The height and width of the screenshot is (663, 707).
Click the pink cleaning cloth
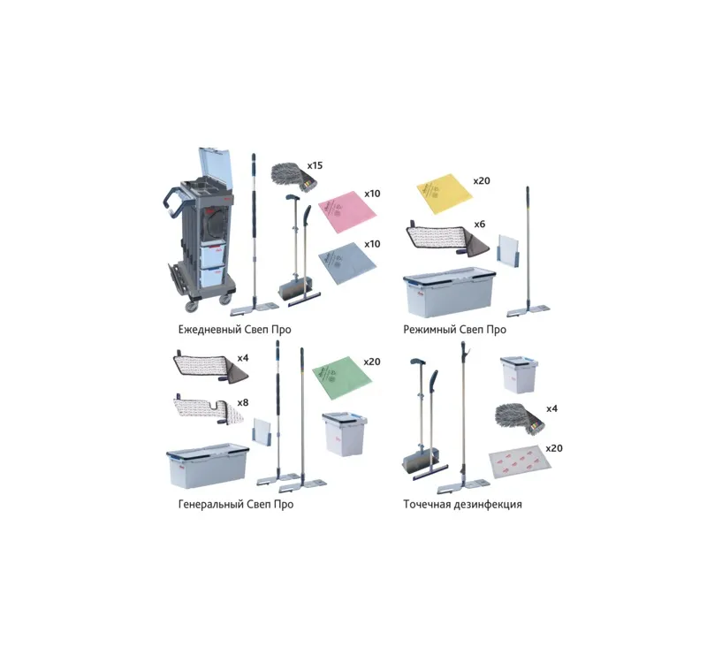click(x=347, y=210)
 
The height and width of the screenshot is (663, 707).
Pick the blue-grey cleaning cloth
click(x=347, y=263)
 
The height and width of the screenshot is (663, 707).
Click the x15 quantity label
click(x=315, y=165)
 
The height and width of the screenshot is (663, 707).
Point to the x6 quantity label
click(x=479, y=225)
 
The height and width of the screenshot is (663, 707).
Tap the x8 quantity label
click(x=242, y=402)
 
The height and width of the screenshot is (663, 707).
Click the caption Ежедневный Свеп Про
click(x=234, y=329)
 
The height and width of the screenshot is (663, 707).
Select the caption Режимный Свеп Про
click(x=454, y=330)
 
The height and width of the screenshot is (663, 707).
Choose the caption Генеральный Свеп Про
click(x=236, y=504)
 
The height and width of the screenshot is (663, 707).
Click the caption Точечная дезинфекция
click(x=462, y=504)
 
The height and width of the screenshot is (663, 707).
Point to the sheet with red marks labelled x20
click(x=520, y=462)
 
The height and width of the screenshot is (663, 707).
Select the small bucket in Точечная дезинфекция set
click(x=519, y=374)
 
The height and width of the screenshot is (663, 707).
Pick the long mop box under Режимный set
click(x=449, y=293)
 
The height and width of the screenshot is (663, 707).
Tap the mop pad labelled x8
click(x=209, y=408)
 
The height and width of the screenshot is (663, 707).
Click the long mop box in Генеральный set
click(x=208, y=466)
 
